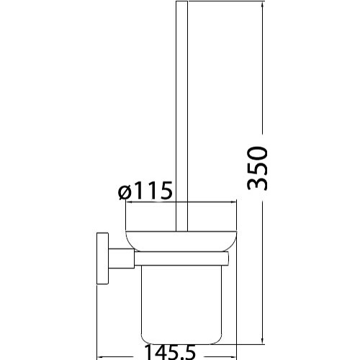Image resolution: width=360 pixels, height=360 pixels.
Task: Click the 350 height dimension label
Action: (257, 168)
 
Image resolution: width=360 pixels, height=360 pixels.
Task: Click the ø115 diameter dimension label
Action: (145, 191)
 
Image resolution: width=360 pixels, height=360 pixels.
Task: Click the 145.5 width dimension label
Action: (171, 353)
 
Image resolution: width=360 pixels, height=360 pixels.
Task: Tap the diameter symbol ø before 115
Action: (125, 193)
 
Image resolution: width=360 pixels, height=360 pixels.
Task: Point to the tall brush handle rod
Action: (181, 116)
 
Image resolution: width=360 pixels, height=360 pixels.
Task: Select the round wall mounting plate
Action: (102, 258)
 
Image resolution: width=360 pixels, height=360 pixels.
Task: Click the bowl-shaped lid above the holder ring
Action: (181, 241)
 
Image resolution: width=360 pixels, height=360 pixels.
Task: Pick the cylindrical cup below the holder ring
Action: (181, 305)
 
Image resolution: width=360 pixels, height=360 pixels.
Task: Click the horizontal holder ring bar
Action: (181, 259)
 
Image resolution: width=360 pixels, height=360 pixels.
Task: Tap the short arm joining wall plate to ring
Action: (121, 258)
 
